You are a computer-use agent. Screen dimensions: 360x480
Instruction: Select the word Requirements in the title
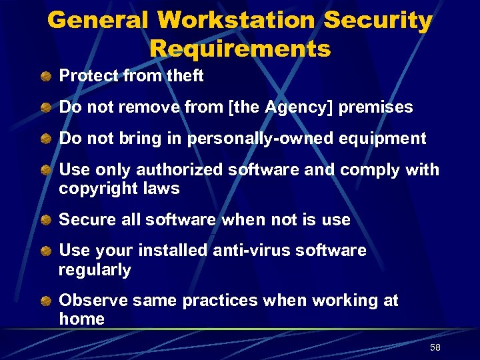(240, 49)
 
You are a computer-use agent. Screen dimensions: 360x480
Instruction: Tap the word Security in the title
(378, 20)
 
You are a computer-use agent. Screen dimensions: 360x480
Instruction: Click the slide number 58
(435, 348)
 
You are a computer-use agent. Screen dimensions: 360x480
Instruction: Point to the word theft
(185, 76)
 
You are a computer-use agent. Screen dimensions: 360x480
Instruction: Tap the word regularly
(95, 270)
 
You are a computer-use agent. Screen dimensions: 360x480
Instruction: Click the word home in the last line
(81, 319)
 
